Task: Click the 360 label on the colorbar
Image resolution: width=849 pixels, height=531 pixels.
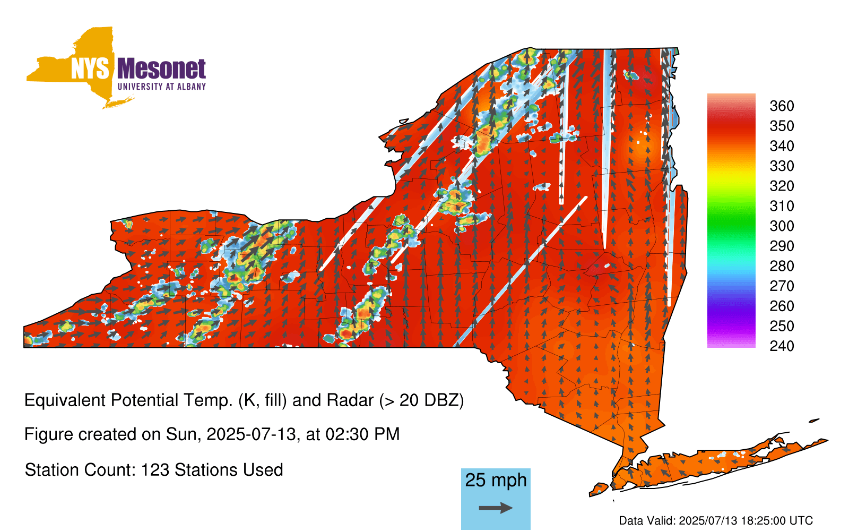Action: click(782, 106)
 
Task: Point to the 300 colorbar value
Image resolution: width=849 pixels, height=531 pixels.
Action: click(782, 226)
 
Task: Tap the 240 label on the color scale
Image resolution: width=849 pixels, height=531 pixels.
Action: click(782, 346)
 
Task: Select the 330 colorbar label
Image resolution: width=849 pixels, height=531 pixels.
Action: click(782, 166)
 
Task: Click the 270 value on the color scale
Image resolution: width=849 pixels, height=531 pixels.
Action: click(782, 286)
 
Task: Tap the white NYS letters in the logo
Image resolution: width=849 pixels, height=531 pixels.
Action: click(90, 68)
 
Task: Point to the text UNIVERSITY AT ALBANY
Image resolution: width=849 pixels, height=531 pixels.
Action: click(161, 87)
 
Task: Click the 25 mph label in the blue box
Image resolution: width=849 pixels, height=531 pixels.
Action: click(496, 481)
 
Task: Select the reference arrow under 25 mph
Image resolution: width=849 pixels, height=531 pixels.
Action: click(496, 508)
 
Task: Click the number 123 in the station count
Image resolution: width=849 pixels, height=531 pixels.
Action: click(153, 470)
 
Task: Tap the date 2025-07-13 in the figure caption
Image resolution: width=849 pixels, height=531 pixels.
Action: click(251, 434)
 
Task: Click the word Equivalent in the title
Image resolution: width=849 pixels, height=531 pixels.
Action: click(65, 401)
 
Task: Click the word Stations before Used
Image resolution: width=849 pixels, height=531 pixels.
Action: click(205, 470)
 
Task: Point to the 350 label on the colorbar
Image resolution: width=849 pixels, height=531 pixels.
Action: click(782, 126)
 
